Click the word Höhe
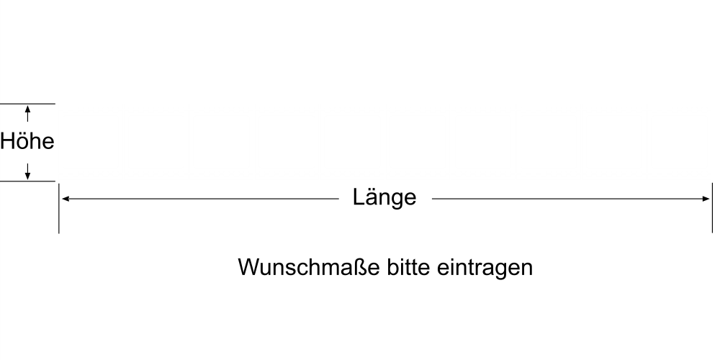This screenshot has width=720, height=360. click(x=27, y=141)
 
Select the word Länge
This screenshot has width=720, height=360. click(x=384, y=198)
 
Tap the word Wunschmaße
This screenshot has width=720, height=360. click(x=309, y=267)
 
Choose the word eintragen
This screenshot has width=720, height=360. click(x=485, y=268)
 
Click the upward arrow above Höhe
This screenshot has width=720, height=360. click(x=27, y=114)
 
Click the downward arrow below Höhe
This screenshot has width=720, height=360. click(x=27, y=171)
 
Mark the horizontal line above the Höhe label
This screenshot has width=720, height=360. click(x=27, y=104)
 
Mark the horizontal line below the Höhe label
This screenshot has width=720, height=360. click(x=27, y=181)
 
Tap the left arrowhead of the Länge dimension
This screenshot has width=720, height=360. click(x=66, y=199)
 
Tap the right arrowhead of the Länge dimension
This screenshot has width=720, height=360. click(x=706, y=199)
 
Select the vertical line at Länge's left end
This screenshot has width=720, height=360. click(x=59, y=208)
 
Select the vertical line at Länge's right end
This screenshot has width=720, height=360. click(x=712, y=208)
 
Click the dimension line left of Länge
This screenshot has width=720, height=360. click(x=200, y=199)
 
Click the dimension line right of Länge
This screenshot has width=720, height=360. click(x=571, y=199)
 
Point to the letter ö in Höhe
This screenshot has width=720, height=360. click(x=22, y=141)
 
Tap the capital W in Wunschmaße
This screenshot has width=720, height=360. click(x=248, y=267)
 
